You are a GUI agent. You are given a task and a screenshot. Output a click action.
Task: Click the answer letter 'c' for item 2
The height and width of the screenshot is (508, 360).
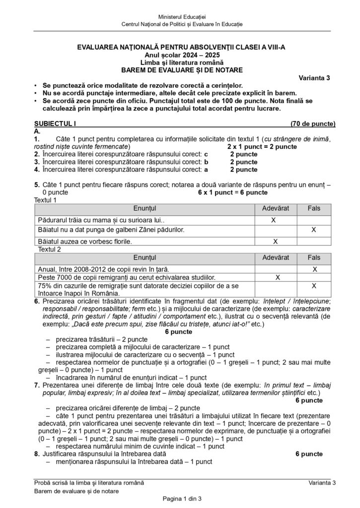coord(206,154)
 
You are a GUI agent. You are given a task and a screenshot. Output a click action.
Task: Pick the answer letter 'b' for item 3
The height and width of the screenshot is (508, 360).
coord(206,162)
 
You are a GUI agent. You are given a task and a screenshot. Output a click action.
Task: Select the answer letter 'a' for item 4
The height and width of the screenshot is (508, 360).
coord(206,169)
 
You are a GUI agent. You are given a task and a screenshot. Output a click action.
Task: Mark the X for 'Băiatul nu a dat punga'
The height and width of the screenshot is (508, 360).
coord(314,230)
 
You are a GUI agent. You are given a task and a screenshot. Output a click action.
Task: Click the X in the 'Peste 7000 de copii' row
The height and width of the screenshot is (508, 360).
coord(278,277)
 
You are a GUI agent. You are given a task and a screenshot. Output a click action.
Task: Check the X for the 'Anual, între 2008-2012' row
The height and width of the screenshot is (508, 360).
coord(314,269)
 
